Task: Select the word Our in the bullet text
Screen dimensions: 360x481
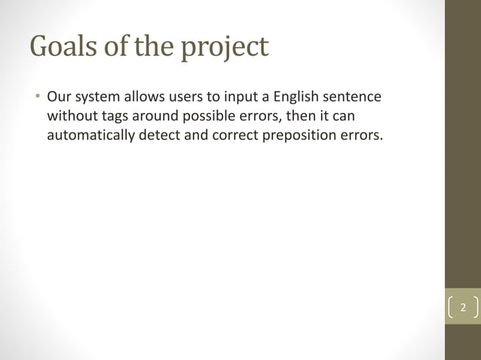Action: click(x=58, y=98)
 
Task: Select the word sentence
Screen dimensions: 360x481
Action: click(x=354, y=98)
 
